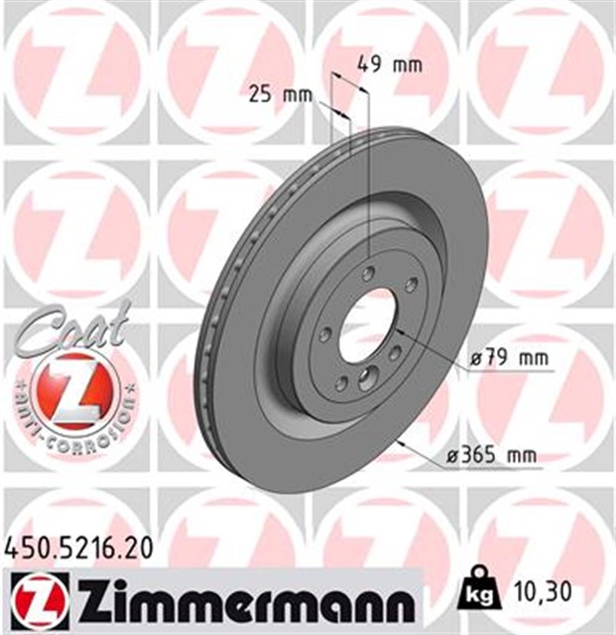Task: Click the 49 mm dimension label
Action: pos(390,65)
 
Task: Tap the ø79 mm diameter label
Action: pos(508,357)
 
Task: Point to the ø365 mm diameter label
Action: pos(492,455)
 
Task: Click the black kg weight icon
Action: pos(479,593)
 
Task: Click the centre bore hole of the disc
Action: pos(366,324)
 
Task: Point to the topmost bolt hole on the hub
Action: pos(369,274)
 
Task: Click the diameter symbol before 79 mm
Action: pos(476,357)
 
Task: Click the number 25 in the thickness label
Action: pos(260,95)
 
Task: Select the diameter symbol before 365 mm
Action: pos(451,456)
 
